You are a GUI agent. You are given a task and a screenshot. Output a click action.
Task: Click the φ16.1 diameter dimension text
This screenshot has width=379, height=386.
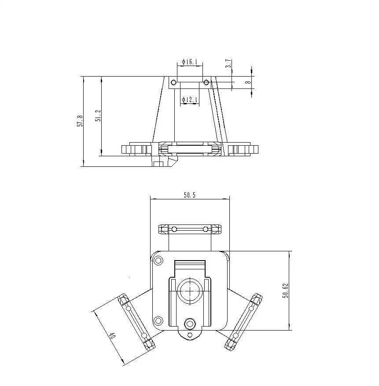tap(190, 62)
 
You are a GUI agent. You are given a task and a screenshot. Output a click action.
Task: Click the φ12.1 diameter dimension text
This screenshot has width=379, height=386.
tap(190, 100)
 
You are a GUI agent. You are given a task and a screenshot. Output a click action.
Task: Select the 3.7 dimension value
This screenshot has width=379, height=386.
tap(228, 63)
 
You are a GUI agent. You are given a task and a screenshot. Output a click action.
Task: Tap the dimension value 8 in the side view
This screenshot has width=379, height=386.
tap(248, 82)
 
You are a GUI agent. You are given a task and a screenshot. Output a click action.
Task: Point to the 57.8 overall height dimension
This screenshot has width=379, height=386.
tap(80, 121)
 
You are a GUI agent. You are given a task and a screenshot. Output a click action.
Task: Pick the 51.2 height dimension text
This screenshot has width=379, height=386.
tap(99, 116)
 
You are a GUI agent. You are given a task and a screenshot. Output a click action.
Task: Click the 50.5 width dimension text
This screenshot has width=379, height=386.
tap(189, 195)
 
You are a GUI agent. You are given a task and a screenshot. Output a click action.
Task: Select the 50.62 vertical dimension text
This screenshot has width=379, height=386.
tap(285, 291)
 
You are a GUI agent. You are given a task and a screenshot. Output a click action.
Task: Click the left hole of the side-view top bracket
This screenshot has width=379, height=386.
tap(173, 82)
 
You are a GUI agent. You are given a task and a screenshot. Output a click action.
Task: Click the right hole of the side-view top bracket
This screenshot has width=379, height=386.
tap(206, 82)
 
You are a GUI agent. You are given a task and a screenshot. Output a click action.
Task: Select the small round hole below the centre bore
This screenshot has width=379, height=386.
tap(190, 324)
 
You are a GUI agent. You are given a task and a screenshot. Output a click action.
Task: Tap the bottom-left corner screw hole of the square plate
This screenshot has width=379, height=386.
tap(157, 320)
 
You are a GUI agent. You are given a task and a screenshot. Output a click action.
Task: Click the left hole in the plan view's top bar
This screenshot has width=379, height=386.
tap(174, 229)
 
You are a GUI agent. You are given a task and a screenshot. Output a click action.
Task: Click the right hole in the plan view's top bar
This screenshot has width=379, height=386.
tap(205, 229)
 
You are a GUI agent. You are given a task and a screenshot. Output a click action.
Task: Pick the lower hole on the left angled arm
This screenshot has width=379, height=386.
tap(144, 337)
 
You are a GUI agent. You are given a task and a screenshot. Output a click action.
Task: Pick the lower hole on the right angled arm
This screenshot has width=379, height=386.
tap(235, 336)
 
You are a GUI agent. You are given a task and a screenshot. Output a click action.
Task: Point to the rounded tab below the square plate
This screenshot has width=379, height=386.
tap(190, 335)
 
